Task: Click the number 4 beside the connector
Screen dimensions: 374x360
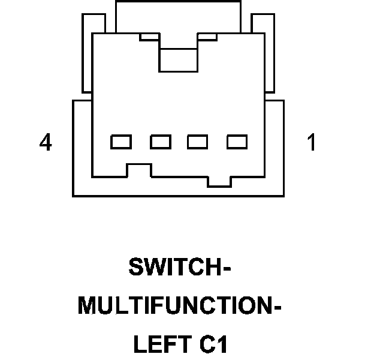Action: pyautogui.click(x=46, y=143)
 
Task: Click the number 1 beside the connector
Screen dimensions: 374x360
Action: pyautogui.click(x=311, y=143)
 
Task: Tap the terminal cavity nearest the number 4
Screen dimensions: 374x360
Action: pyautogui.click(x=121, y=142)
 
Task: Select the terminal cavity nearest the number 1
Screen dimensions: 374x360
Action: pyautogui.click(x=237, y=142)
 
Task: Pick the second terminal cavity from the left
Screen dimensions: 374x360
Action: pyautogui.click(x=161, y=142)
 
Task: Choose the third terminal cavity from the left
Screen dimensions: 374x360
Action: pyautogui.click(x=198, y=142)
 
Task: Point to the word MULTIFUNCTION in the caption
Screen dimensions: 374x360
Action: pyautogui.click(x=174, y=307)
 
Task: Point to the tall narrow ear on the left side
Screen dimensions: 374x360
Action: pyautogui.click(x=87, y=54)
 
